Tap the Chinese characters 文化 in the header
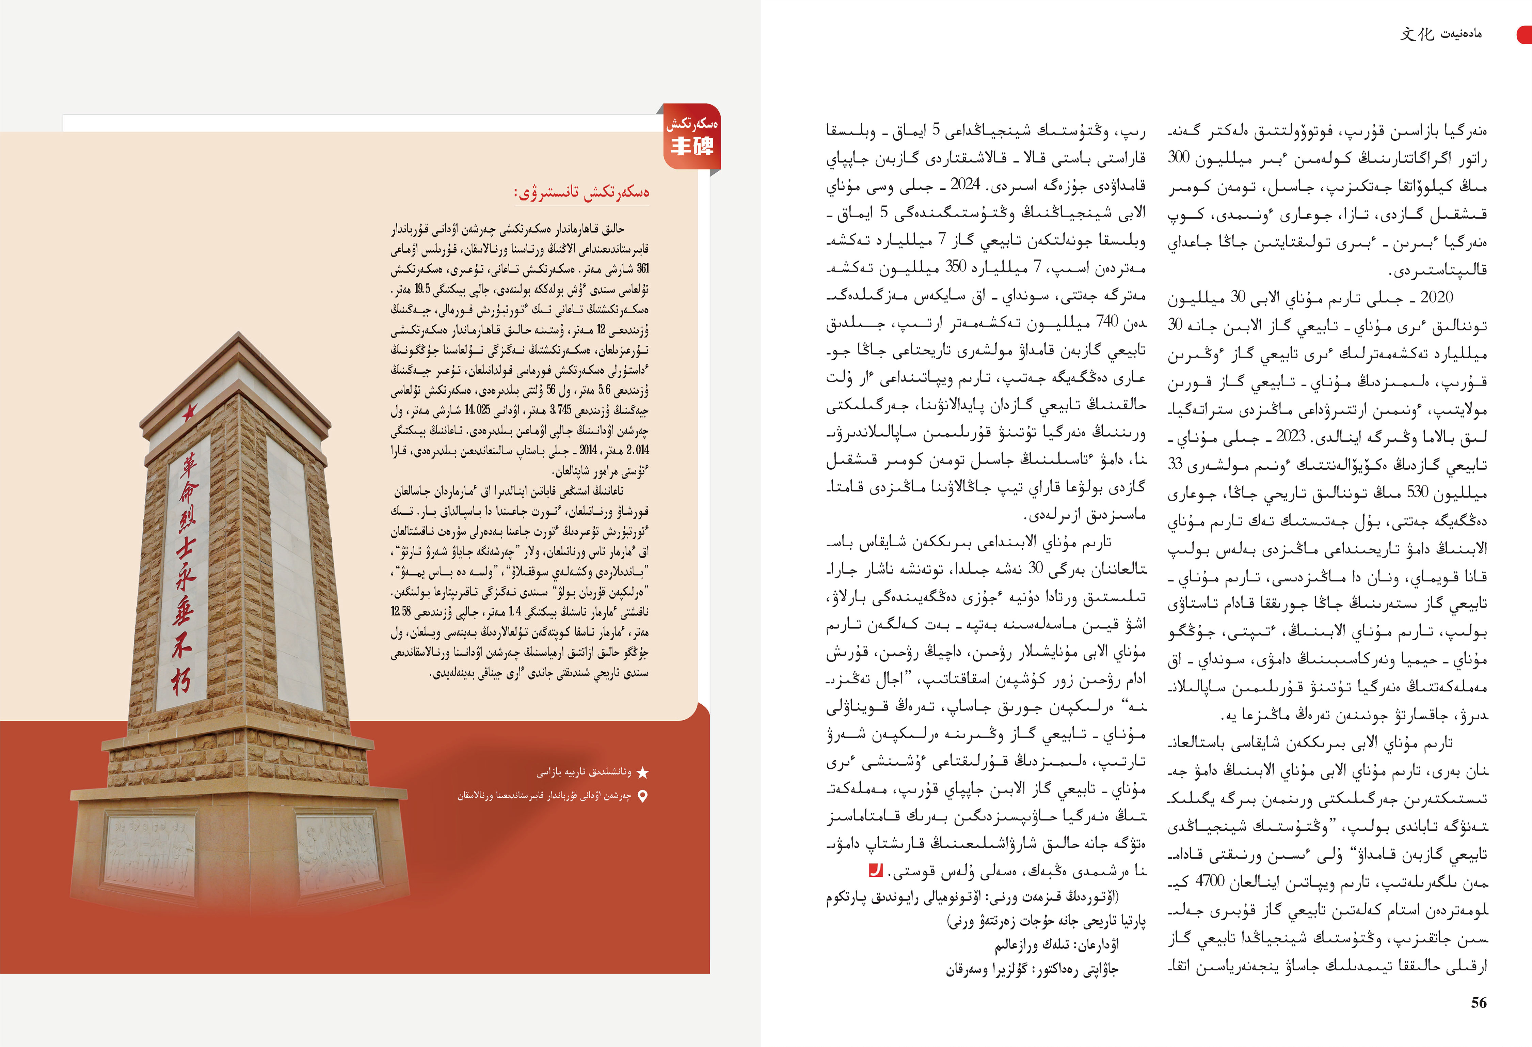tap(1417, 34)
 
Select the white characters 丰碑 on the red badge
tap(691, 146)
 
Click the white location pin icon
tap(643, 796)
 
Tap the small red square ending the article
tap(875, 870)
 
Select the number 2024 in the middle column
tap(966, 185)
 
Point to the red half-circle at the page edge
tap(1525, 34)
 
